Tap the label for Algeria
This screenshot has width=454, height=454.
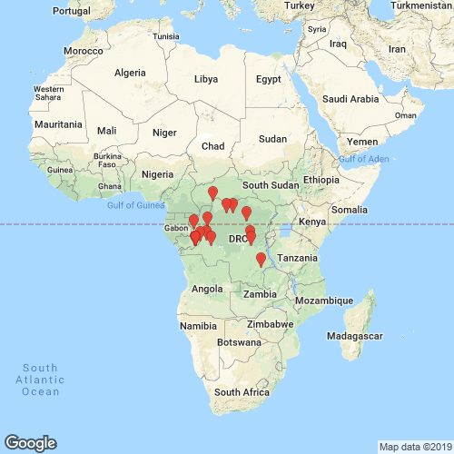point(129,73)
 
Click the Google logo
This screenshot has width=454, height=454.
point(30,442)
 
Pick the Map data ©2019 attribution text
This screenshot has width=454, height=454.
point(414,447)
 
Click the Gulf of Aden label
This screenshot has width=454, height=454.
point(365,160)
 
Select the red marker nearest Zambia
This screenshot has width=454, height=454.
point(261,260)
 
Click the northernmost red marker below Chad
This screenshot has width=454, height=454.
point(213,193)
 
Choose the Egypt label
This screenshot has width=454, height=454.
point(269,79)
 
